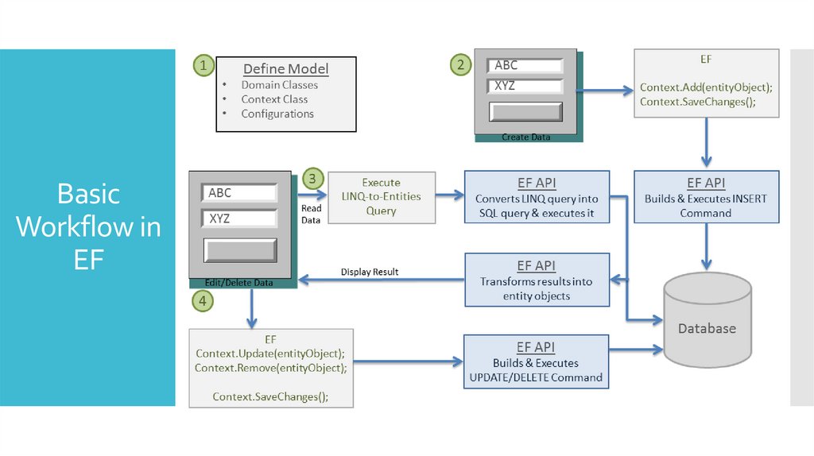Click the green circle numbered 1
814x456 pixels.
coord(204,67)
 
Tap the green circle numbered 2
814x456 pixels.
coord(460,65)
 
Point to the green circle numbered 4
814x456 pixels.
coord(203,300)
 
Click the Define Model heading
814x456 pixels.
coord(285,69)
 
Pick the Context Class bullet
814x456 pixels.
coord(274,99)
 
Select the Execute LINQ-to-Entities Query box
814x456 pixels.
coord(382,197)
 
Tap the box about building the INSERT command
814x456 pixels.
coord(705,198)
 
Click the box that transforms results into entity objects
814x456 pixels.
coord(536,280)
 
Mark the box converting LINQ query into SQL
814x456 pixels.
coord(537,198)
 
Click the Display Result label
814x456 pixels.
coord(370,272)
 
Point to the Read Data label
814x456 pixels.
coord(311,214)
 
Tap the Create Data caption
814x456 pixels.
coord(525,137)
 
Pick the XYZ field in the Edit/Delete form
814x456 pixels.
coord(238,218)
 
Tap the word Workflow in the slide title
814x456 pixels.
coord(87,226)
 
